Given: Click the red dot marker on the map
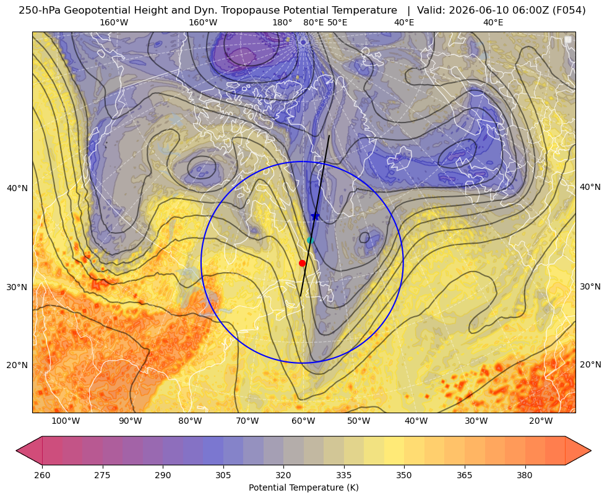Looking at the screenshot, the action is [x=303, y=263].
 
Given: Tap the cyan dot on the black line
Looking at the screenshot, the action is [x=310, y=240].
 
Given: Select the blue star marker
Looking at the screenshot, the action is [x=315, y=216].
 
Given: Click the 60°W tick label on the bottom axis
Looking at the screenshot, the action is [x=303, y=421].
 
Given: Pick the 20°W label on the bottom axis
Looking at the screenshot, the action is [x=541, y=421].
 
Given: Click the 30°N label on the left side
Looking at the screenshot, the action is [x=17, y=287].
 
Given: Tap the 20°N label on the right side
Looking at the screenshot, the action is [x=590, y=364].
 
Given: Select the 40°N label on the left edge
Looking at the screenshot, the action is [x=17, y=188].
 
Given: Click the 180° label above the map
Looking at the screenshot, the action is [x=282, y=22].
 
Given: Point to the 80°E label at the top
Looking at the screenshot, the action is [x=313, y=22].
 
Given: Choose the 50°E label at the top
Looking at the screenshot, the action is [x=337, y=22].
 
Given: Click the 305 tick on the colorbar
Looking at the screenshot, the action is [x=223, y=475].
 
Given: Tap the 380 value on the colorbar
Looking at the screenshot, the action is [x=525, y=475].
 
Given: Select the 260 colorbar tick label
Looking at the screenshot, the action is [x=42, y=475].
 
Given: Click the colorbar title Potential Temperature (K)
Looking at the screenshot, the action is [x=303, y=487].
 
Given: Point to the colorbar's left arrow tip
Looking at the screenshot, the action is [x=16, y=450].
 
